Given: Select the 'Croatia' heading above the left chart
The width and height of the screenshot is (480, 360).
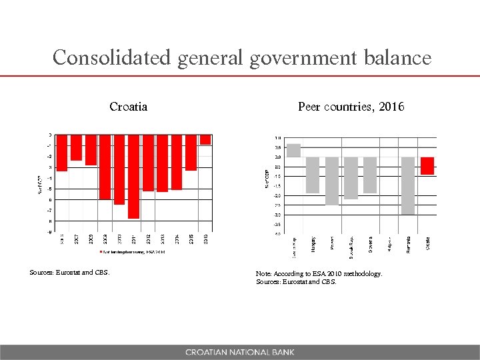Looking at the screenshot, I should (x=128, y=107).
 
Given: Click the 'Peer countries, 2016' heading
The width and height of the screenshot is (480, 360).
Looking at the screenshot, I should (x=351, y=107).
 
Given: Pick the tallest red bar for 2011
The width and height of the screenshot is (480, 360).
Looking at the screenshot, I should (x=133, y=177).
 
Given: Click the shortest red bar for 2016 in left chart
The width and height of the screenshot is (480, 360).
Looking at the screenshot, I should (x=205, y=140).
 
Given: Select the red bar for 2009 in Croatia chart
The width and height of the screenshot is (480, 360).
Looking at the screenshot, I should (x=105, y=167).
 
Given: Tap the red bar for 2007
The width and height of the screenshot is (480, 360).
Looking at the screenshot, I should (x=76, y=148).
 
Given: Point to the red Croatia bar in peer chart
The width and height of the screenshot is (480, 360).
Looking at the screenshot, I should (x=427, y=166).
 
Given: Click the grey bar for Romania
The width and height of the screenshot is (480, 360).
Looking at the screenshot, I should (x=408, y=185).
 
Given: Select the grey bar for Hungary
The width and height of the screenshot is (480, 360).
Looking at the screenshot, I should (x=313, y=175).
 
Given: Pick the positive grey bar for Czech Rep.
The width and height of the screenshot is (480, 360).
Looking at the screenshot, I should (x=293, y=150).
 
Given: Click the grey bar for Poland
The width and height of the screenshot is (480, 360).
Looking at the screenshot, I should (x=332, y=181).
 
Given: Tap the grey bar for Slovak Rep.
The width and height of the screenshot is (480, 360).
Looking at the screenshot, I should (x=351, y=178).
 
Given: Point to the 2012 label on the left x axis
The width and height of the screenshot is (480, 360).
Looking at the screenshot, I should (x=148, y=239).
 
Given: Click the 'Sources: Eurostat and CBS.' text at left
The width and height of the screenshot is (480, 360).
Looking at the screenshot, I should (x=69, y=272).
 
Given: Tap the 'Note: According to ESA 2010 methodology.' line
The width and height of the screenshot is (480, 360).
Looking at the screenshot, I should (x=319, y=273).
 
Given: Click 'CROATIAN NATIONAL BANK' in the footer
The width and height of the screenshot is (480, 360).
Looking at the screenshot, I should (x=239, y=352).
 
